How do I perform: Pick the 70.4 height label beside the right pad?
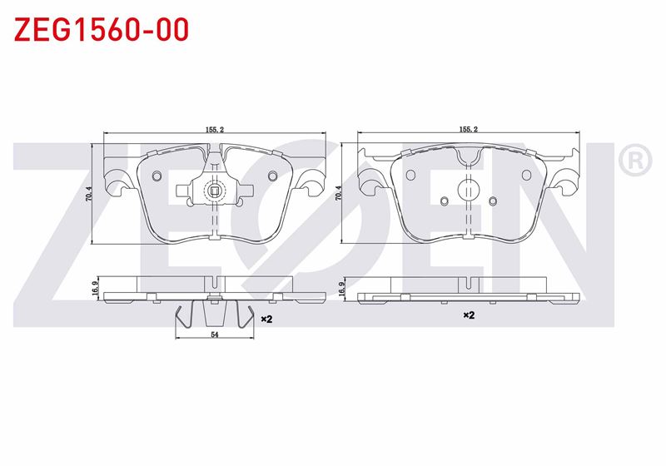pos(337,194)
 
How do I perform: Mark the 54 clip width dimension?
pos(214,335)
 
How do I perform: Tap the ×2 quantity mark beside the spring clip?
pos(266,318)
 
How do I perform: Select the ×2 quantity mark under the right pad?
pos(468,315)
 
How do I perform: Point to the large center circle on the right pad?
pos(468,187)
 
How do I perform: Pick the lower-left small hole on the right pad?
pos(444,200)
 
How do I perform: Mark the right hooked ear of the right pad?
pos(569,179)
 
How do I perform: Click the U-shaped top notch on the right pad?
pos(468,156)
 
